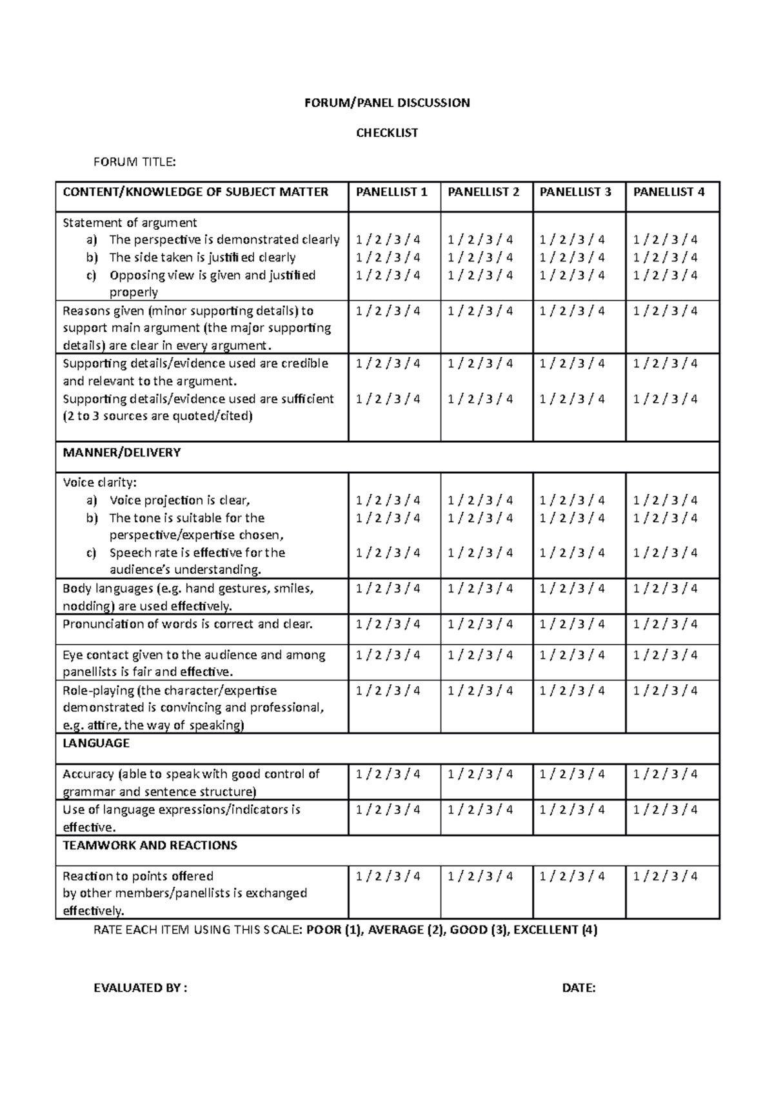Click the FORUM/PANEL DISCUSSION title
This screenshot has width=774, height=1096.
point(387,103)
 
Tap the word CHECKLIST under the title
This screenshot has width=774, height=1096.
point(387,133)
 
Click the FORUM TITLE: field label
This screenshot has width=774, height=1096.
point(134,162)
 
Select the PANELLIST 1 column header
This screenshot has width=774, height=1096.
point(392,192)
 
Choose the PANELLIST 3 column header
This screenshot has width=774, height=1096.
point(575,192)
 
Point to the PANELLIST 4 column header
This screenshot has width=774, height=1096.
point(669,192)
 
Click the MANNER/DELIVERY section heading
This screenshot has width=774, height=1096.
point(121,452)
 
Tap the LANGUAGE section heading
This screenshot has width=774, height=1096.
point(96,743)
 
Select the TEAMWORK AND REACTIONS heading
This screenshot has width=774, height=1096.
point(150,845)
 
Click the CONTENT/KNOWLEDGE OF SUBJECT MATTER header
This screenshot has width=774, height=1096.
point(195,192)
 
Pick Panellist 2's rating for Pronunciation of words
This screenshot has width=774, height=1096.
point(481,624)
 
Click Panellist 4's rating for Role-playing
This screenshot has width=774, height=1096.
point(665,691)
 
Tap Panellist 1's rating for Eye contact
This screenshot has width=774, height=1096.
point(388,655)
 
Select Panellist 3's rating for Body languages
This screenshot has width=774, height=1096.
point(572,589)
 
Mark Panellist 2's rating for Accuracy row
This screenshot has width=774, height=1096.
point(481,774)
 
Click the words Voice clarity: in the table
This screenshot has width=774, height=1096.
point(100,482)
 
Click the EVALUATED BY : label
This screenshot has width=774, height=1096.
point(141,988)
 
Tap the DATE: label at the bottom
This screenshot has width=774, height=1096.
point(579,988)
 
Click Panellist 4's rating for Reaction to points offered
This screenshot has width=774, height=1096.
point(665,876)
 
